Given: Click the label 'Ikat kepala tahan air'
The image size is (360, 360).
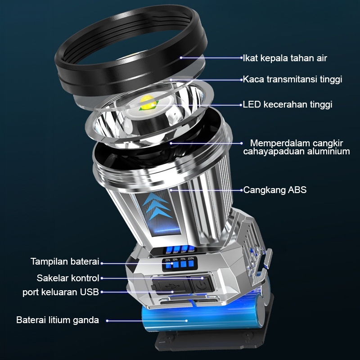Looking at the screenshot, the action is coord(285,58).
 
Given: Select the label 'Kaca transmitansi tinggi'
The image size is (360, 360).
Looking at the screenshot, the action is coord(292,80).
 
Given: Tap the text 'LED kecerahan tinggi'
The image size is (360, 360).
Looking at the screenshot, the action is coord(288,104).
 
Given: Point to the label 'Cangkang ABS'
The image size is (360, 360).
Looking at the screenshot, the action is coord(275,190).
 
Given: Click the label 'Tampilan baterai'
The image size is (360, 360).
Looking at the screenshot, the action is coord(65,261).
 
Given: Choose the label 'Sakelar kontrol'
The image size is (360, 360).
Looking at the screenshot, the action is coord(68,278).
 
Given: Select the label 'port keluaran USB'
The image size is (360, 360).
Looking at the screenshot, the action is coord(61,292).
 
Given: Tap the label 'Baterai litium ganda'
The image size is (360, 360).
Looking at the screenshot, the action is coord(58,320).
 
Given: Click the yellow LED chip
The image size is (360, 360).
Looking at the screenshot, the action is coord(148,103).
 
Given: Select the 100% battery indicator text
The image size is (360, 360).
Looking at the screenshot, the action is coord(191,258).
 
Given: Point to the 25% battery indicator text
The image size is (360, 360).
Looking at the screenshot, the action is coord(168,260).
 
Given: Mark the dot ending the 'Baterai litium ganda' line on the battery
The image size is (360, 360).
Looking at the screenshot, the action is coord(186,321).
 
